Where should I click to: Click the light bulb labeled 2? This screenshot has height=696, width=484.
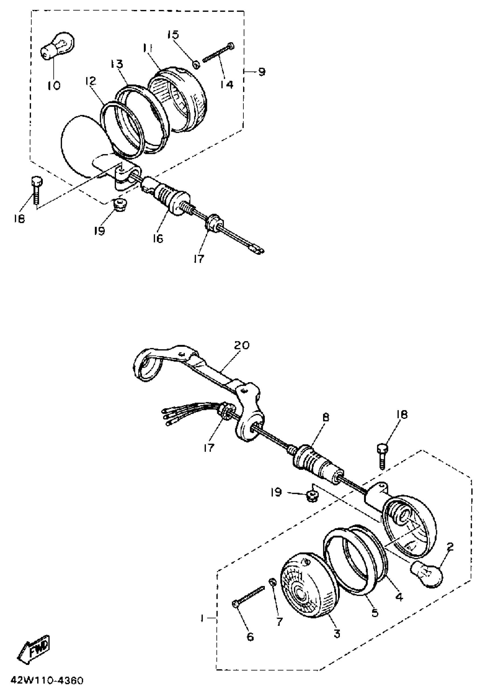tap(426, 572)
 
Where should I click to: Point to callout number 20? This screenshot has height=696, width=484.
tap(241, 345)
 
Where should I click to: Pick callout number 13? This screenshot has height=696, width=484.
tap(116, 64)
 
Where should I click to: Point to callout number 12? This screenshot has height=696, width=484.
tap(91, 81)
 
